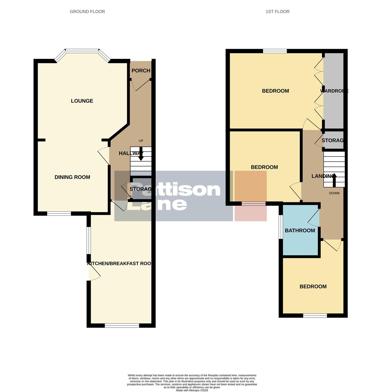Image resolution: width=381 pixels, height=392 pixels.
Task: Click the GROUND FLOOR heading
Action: click(x=87, y=11)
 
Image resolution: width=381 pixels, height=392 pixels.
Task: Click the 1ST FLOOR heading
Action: click(x=277, y=11)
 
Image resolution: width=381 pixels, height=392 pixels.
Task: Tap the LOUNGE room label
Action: click(x=82, y=101)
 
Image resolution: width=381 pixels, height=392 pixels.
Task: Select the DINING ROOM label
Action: click(x=72, y=177)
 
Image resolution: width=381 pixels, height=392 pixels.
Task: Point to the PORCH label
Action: click(x=141, y=71)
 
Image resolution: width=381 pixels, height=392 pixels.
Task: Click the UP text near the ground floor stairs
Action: click(x=141, y=141)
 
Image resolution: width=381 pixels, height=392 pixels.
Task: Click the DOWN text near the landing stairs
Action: click(x=334, y=193)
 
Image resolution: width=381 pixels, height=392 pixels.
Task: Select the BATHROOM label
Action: click(x=300, y=230)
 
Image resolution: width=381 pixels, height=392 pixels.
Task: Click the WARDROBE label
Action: click(x=334, y=91)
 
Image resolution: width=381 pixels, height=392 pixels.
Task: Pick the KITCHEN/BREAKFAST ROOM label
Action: click(x=119, y=263)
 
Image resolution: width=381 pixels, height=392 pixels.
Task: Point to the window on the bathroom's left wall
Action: click(x=280, y=227)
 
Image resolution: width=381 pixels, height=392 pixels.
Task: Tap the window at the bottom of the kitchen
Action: click(x=122, y=325)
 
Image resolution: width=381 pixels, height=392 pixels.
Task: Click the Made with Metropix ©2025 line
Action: click(x=192, y=390)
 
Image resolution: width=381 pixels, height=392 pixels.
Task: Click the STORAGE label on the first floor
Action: click(x=333, y=140)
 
